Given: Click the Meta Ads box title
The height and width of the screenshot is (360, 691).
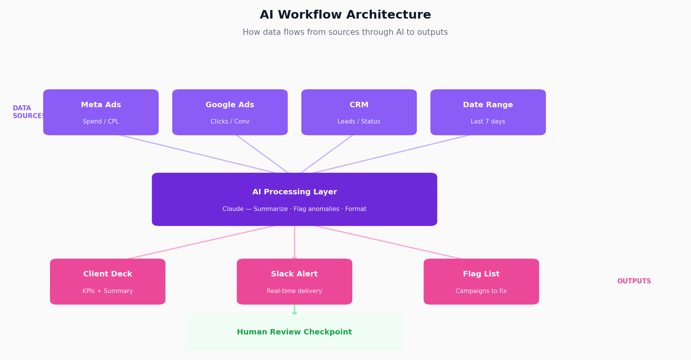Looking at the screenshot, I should point(101,105).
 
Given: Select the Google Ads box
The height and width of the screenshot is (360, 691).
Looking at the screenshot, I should point(230,112).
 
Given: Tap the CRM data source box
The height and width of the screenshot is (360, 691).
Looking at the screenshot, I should point(359,112).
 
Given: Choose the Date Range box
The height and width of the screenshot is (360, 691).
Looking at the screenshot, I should point(488,112).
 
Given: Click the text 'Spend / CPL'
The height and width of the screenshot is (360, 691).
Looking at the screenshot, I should point(101,122).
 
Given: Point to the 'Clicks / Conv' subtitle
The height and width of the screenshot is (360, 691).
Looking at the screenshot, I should point(230,122).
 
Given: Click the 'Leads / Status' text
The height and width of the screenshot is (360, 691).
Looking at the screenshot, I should point(359,122).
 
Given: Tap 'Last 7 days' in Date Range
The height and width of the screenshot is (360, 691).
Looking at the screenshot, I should point(488,122).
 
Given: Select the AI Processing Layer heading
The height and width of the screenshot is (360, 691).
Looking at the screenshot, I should point(295,192).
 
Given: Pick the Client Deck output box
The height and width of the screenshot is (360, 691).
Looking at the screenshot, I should point(108,281).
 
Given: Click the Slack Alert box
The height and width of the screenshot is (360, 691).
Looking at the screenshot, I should point(294,281).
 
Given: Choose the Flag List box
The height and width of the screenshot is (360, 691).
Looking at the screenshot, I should point(481,281).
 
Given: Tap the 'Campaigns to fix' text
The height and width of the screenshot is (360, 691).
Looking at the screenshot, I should point(481,291).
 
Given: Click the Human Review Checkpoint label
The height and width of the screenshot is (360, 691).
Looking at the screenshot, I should point(294,332).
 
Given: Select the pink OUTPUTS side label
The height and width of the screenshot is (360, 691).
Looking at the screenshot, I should point(634,281).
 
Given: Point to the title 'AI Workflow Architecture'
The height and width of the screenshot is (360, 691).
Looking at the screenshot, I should point(345,15).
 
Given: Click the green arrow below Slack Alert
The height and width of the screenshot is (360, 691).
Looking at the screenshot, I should point(295,310).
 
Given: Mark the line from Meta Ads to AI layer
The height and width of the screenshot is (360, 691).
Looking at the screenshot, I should point(197,154).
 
